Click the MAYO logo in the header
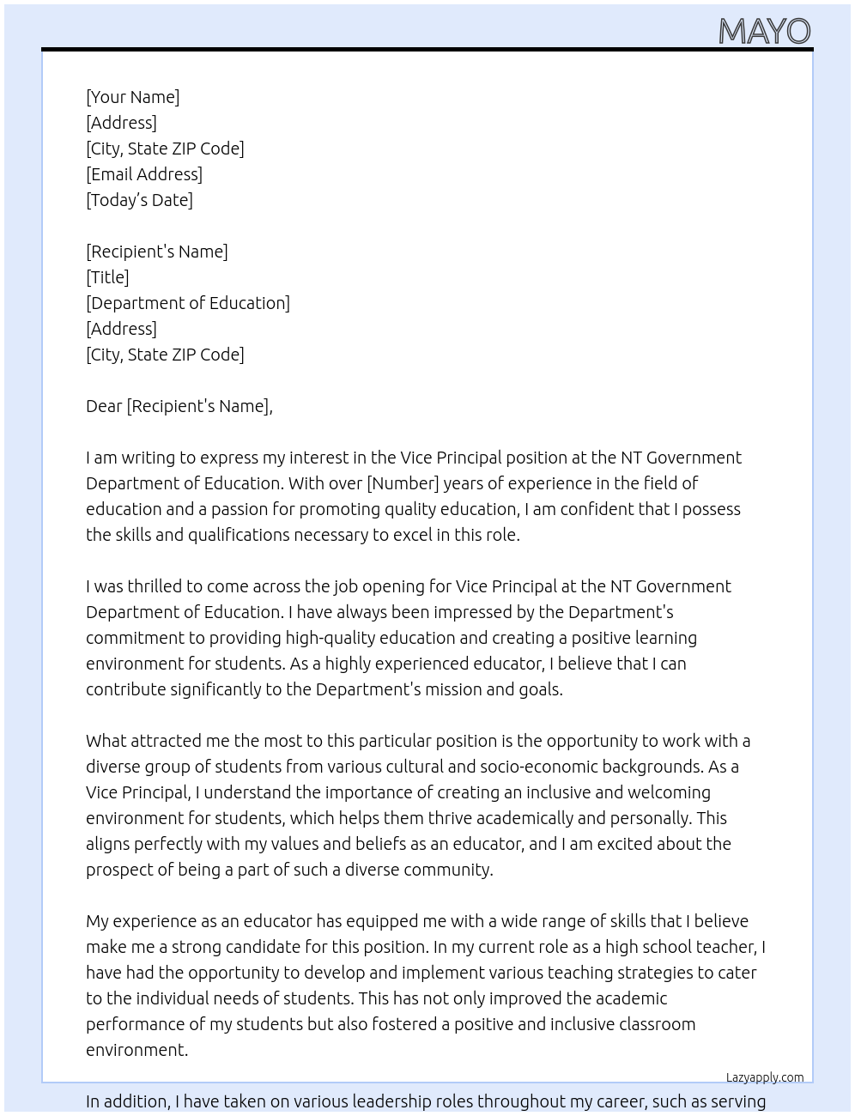click(764, 32)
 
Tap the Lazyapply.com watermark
click(764, 1077)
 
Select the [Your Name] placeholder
click(133, 97)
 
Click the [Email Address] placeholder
click(144, 174)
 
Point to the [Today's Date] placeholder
click(139, 200)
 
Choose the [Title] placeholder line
click(107, 277)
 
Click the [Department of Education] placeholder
click(188, 303)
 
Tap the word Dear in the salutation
click(104, 406)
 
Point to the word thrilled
click(155, 586)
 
